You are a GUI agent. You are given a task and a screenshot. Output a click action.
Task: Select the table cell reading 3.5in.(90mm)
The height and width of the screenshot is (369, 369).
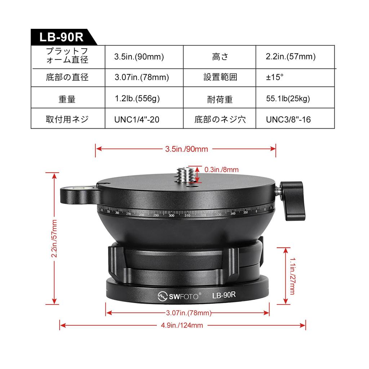point(139,57)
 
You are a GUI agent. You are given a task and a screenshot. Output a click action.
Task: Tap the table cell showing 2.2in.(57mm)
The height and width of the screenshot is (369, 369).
point(290,57)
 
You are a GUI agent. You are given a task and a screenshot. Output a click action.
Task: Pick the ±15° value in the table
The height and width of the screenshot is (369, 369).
point(275,77)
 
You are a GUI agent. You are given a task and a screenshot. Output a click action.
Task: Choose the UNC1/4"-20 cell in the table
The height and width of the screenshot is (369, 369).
point(137,120)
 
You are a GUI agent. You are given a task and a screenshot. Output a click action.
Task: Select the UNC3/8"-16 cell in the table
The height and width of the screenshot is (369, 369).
point(288,120)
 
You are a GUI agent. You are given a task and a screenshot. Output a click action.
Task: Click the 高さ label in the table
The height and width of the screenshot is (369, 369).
point(220,57)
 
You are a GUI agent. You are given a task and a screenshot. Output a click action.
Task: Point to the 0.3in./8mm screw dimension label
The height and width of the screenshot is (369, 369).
point(221,169)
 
